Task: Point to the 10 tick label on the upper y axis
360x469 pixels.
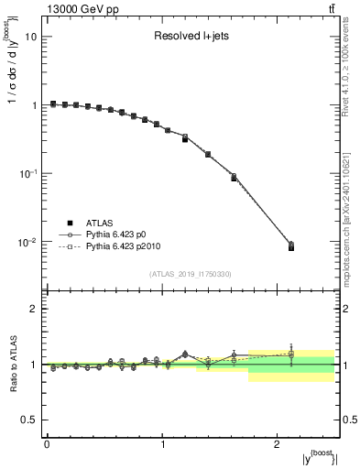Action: point(29,37)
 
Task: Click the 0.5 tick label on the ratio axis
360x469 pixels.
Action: point(29,420)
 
